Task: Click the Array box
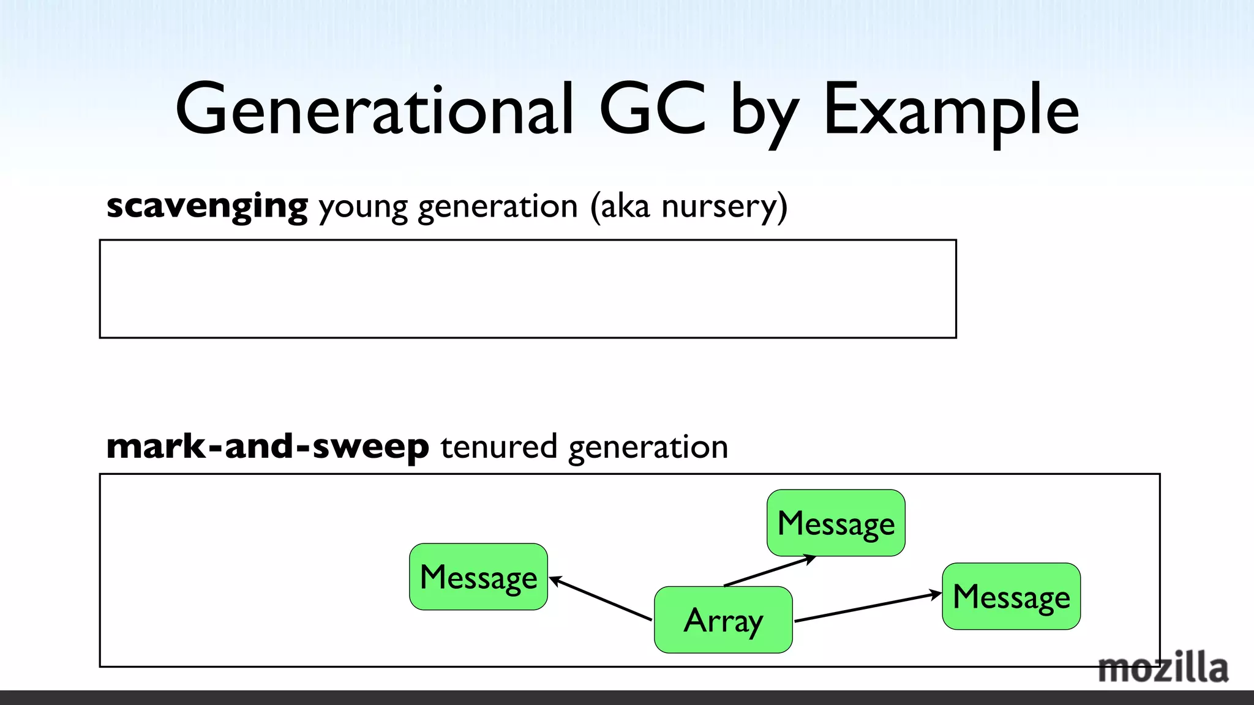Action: pos(723,619)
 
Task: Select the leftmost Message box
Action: pos(478,576)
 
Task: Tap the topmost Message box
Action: pos(836,523)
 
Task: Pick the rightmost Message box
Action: pos(1011,596)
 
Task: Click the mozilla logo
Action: pos(1163,668)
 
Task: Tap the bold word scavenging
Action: pos(207,206)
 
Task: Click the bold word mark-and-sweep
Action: pos(268,446)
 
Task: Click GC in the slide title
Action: pos(653,110)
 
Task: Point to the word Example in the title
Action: pos(951,111)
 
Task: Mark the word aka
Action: pos(625,206)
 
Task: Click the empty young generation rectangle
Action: pos(527,289)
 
